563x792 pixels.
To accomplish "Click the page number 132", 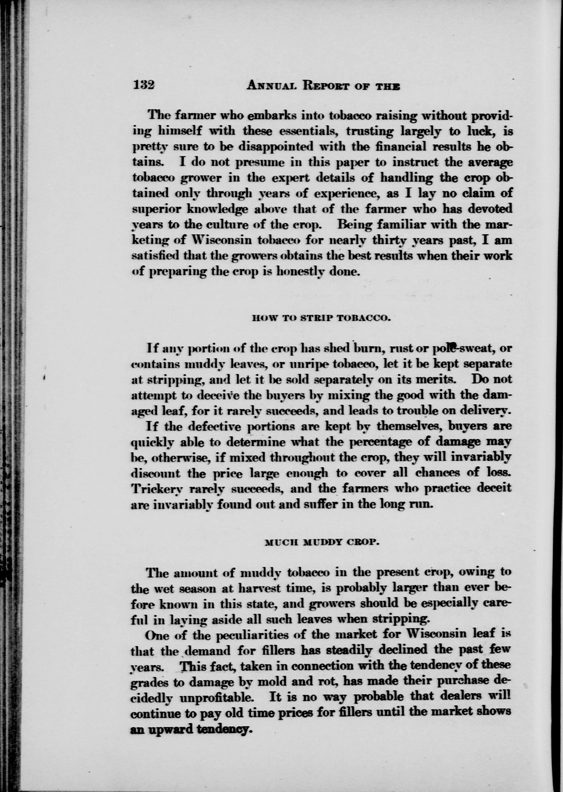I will pyautogui.click(x=143, y=85).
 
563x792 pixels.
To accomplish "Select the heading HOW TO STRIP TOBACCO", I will pyautogui.click(x=322, y=318).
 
